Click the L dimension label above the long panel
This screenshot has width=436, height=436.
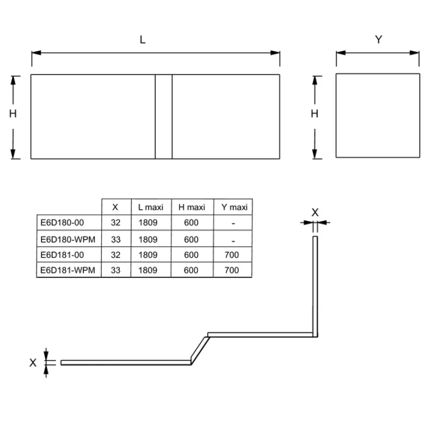(142, 40)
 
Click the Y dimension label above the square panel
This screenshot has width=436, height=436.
(378, 39)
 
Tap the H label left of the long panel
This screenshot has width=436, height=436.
(13, 113)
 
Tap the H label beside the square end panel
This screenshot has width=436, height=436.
(314, 113)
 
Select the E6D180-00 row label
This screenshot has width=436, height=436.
(62, 222)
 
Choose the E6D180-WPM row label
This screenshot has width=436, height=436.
(68, 239)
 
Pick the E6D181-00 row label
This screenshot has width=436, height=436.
(62, 255)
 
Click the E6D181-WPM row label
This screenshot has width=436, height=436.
(68, 270)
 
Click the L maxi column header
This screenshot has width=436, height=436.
(151, 207)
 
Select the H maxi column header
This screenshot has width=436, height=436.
(192, 207)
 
